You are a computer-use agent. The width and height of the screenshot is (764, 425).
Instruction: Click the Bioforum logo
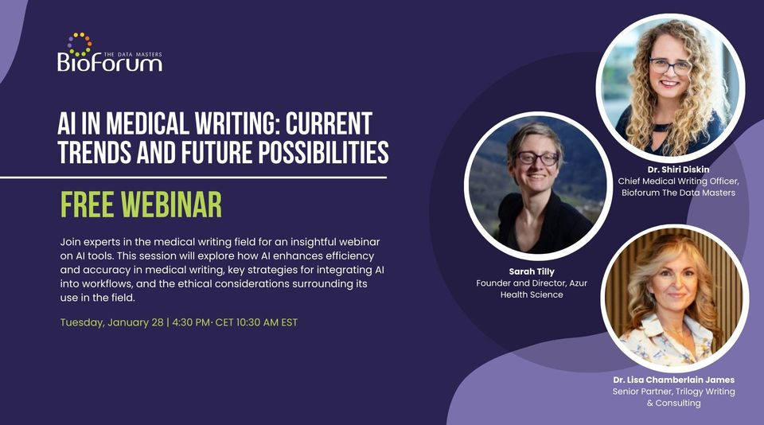pyautogui.click(x=110, y=60)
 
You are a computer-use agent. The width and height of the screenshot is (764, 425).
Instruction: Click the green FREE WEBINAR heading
pyautogui.click(x=141, y=205)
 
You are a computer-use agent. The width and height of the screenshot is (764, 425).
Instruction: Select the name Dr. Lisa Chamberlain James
pyautogui.click(x=673, y=380)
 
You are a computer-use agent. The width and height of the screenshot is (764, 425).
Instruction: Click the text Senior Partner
pyautogui.click(x=641, y=392)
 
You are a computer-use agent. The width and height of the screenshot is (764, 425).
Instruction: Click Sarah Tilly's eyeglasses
pyautogui.click(x=538, y=158)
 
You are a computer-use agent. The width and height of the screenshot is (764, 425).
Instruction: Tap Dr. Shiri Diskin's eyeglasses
pyautogui.click(x=670, y=65)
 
